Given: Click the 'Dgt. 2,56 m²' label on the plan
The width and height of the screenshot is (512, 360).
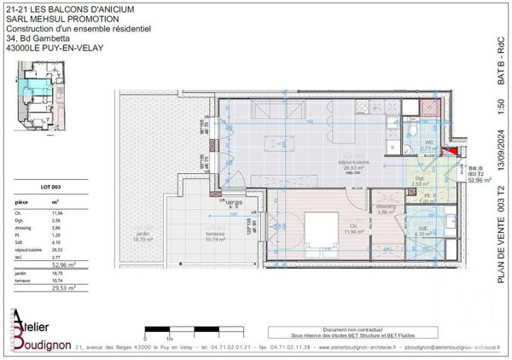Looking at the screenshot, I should tap(420, 182).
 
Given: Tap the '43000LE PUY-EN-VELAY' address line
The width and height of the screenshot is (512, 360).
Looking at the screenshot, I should tap(54, 48).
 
